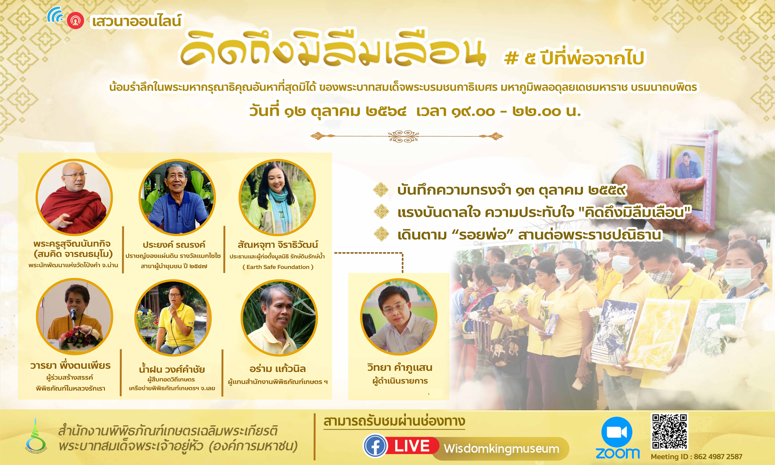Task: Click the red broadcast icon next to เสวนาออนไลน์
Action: (x=75, y=21)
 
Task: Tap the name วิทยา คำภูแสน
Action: (x=400, y=367)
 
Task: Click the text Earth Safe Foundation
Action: (x=278, y=267)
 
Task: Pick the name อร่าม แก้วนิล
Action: (x=278, y=369)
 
